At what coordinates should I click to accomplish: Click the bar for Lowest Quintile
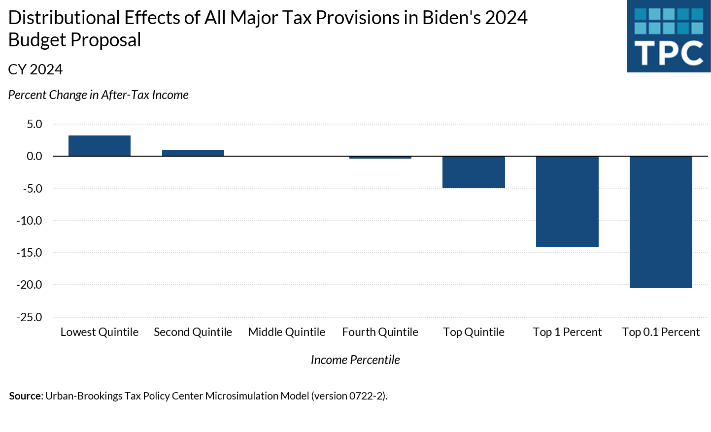(x=100, y=146)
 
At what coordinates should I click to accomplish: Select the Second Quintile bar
(x=193, y=153)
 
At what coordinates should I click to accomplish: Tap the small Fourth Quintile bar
(x=380, y=158)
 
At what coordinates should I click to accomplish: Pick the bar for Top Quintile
(x=474, y=172)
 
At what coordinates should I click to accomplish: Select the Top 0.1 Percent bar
(x=661, y=222)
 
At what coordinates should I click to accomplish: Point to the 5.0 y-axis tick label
(x=34, y=124)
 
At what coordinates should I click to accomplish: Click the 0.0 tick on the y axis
(x=34, y=156)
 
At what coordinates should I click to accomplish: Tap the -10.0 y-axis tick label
(x=30, y=221)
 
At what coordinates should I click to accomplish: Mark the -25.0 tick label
(x=30, y=317)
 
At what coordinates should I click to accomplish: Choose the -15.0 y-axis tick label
(x=30, y=253)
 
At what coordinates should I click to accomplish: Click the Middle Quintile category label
(x=287, y=332)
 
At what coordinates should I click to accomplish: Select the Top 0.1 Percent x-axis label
(x=661, y=332)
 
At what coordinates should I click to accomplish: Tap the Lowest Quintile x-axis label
(x=100, y=332)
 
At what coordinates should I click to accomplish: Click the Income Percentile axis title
(x=355, y=360)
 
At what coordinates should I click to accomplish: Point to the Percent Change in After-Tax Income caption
(x=99, y=95)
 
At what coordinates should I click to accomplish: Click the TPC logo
(x=669, y=36)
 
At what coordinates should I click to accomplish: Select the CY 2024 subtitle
(x=35, y=69)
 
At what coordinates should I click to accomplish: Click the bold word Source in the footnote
(x=25, y=396)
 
